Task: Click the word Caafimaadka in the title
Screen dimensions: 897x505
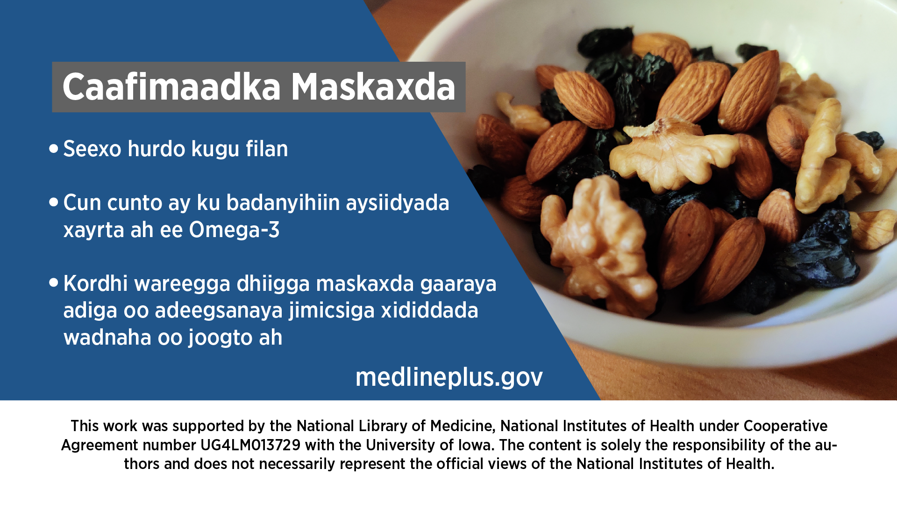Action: pyautogui.click(x=171, y=87)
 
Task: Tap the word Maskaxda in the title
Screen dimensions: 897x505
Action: pyautogui.click(x=373, y=87)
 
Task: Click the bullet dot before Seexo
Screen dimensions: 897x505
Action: pyautogui.click(x=54, y=149)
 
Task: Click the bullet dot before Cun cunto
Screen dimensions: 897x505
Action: pyautogui.click(x=54, y=202)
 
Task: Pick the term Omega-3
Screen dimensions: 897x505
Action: pyautogui.click(x=234, y=230)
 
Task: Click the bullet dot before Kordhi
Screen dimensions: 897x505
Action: pyautogui.click(x=54, y=283)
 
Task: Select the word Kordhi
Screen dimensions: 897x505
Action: pyautogui.click(x=95, y=283)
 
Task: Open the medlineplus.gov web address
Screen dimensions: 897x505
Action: pyautogui.click(x=449, y=377)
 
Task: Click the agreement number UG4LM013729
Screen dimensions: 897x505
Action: pyautogui.click(x=250, y=445)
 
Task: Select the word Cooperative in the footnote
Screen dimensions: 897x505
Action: pyautogui.click(x=785, y=426)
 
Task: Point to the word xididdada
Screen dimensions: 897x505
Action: pyautogui.click(x=429, y=310)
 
